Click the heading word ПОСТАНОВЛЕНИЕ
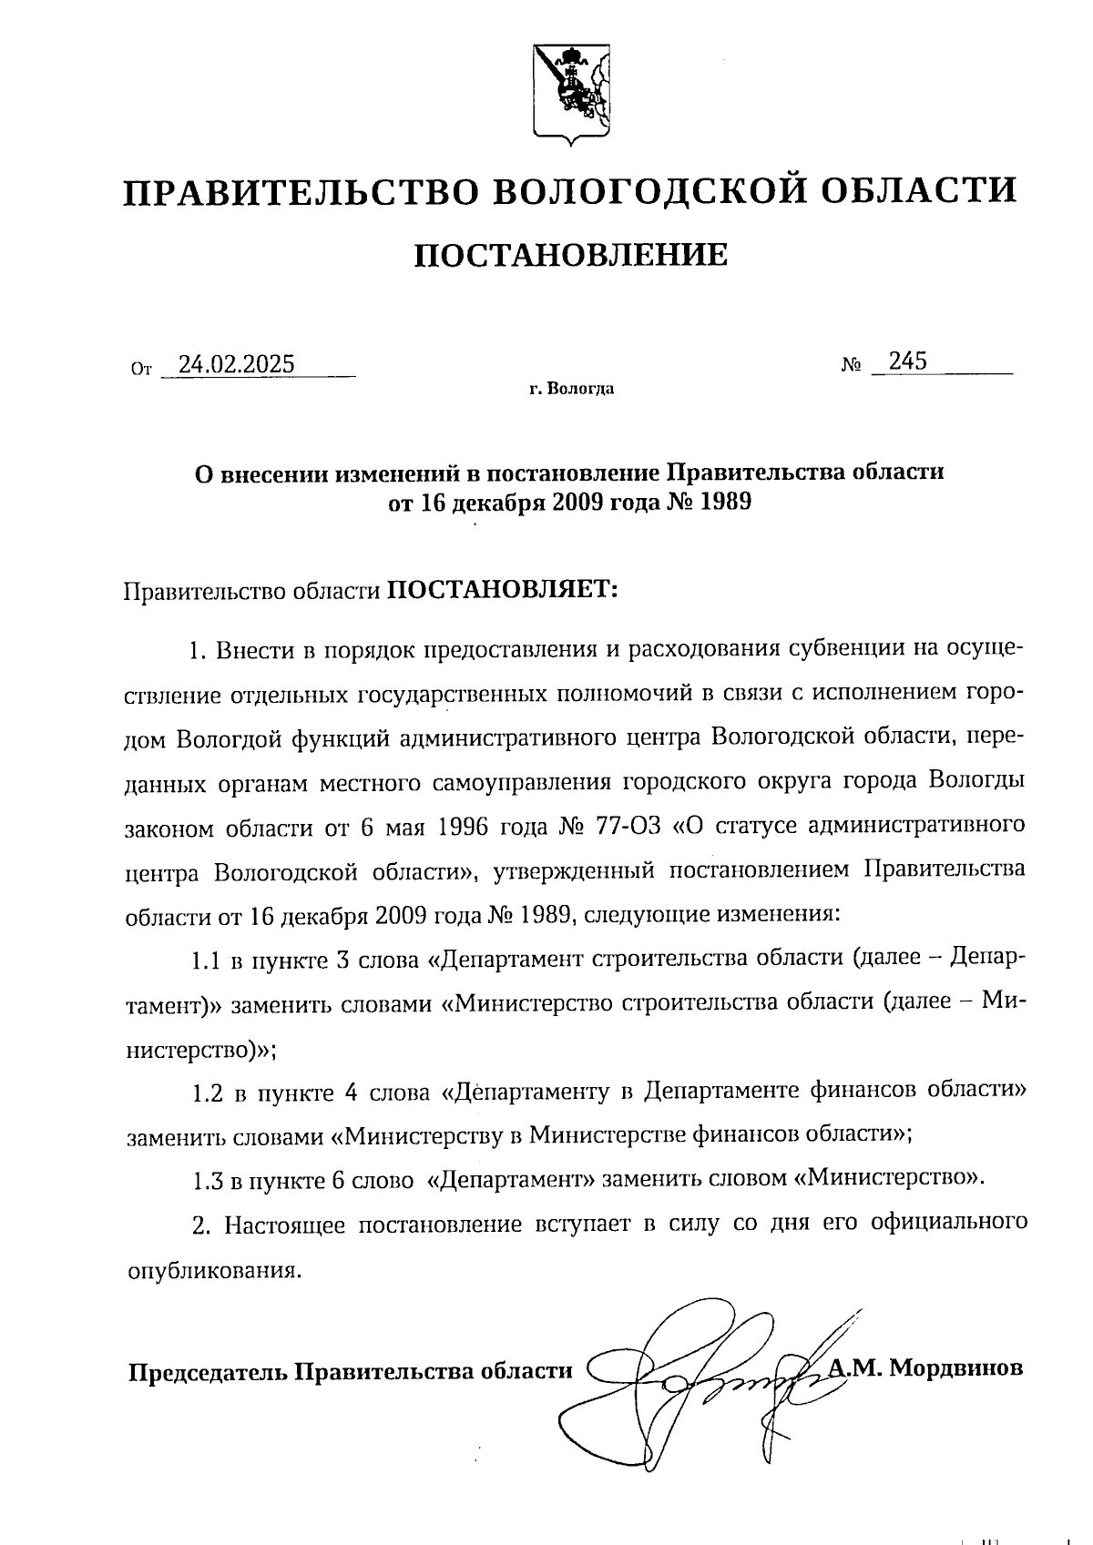point(571,256)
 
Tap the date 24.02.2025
point(237,364)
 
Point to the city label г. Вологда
point(571,390)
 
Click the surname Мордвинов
point(955,1368)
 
